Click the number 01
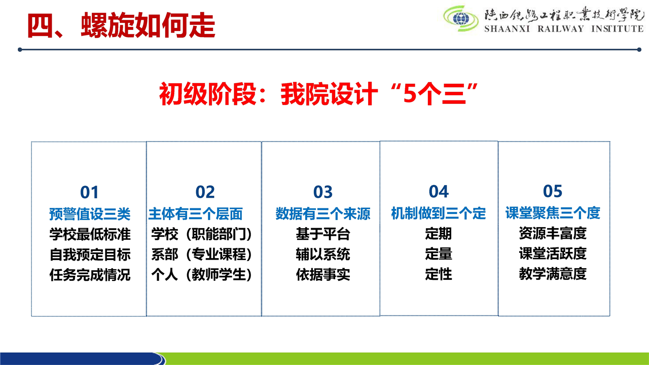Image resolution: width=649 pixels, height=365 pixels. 89,192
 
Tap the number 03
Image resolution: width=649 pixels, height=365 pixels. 323,192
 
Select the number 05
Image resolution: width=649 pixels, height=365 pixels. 553,191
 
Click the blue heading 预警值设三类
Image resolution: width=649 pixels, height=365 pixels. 90,214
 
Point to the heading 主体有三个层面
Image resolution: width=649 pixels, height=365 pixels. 196,214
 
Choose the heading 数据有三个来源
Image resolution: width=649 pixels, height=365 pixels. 323,214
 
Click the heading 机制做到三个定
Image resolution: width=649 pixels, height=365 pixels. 439,213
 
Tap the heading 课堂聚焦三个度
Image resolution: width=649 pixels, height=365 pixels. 553,213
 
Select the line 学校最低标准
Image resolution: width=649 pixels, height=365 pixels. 90,234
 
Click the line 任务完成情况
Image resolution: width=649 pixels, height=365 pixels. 90,275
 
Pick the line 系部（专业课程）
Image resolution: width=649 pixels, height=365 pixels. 202,254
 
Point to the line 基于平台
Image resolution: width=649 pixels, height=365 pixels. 323,234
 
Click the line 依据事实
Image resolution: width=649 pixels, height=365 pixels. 323,274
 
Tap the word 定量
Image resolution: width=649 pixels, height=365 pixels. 439,254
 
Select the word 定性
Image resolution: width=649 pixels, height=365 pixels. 439,274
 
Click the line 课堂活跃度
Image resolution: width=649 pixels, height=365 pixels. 553,253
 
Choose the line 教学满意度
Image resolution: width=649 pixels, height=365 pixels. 553,274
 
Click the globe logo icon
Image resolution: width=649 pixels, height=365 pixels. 461,19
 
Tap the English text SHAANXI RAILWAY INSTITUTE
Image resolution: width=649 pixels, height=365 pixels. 564,29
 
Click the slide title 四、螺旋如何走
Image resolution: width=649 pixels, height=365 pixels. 121,25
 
